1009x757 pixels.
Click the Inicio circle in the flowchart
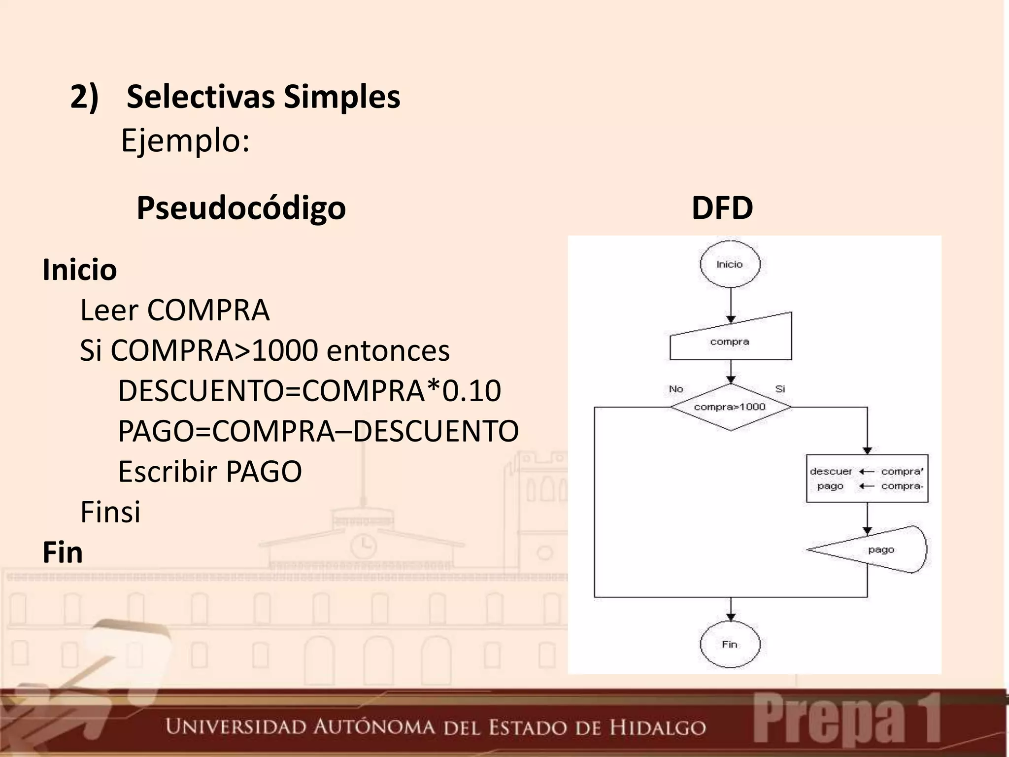(730, 265)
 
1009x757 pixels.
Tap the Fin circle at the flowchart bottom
(730, 645)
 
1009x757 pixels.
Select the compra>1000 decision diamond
(730, 407)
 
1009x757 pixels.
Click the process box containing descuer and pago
(867, 479)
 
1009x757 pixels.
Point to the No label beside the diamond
(676, 389)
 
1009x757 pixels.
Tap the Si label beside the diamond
(780, 389)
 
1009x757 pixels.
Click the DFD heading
(722, 208)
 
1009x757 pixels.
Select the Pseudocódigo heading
(241, 208)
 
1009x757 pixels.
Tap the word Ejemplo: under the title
(185, 141)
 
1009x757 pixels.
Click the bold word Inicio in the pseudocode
(80, 270)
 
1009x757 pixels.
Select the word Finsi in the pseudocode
(110, 512)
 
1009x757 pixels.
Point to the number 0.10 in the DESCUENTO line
(471, 391)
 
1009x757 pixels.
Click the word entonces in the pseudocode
(388, 351)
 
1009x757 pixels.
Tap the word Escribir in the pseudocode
(168, 472)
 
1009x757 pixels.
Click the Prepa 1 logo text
(846, 723)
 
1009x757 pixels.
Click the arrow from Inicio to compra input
(731, 303)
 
